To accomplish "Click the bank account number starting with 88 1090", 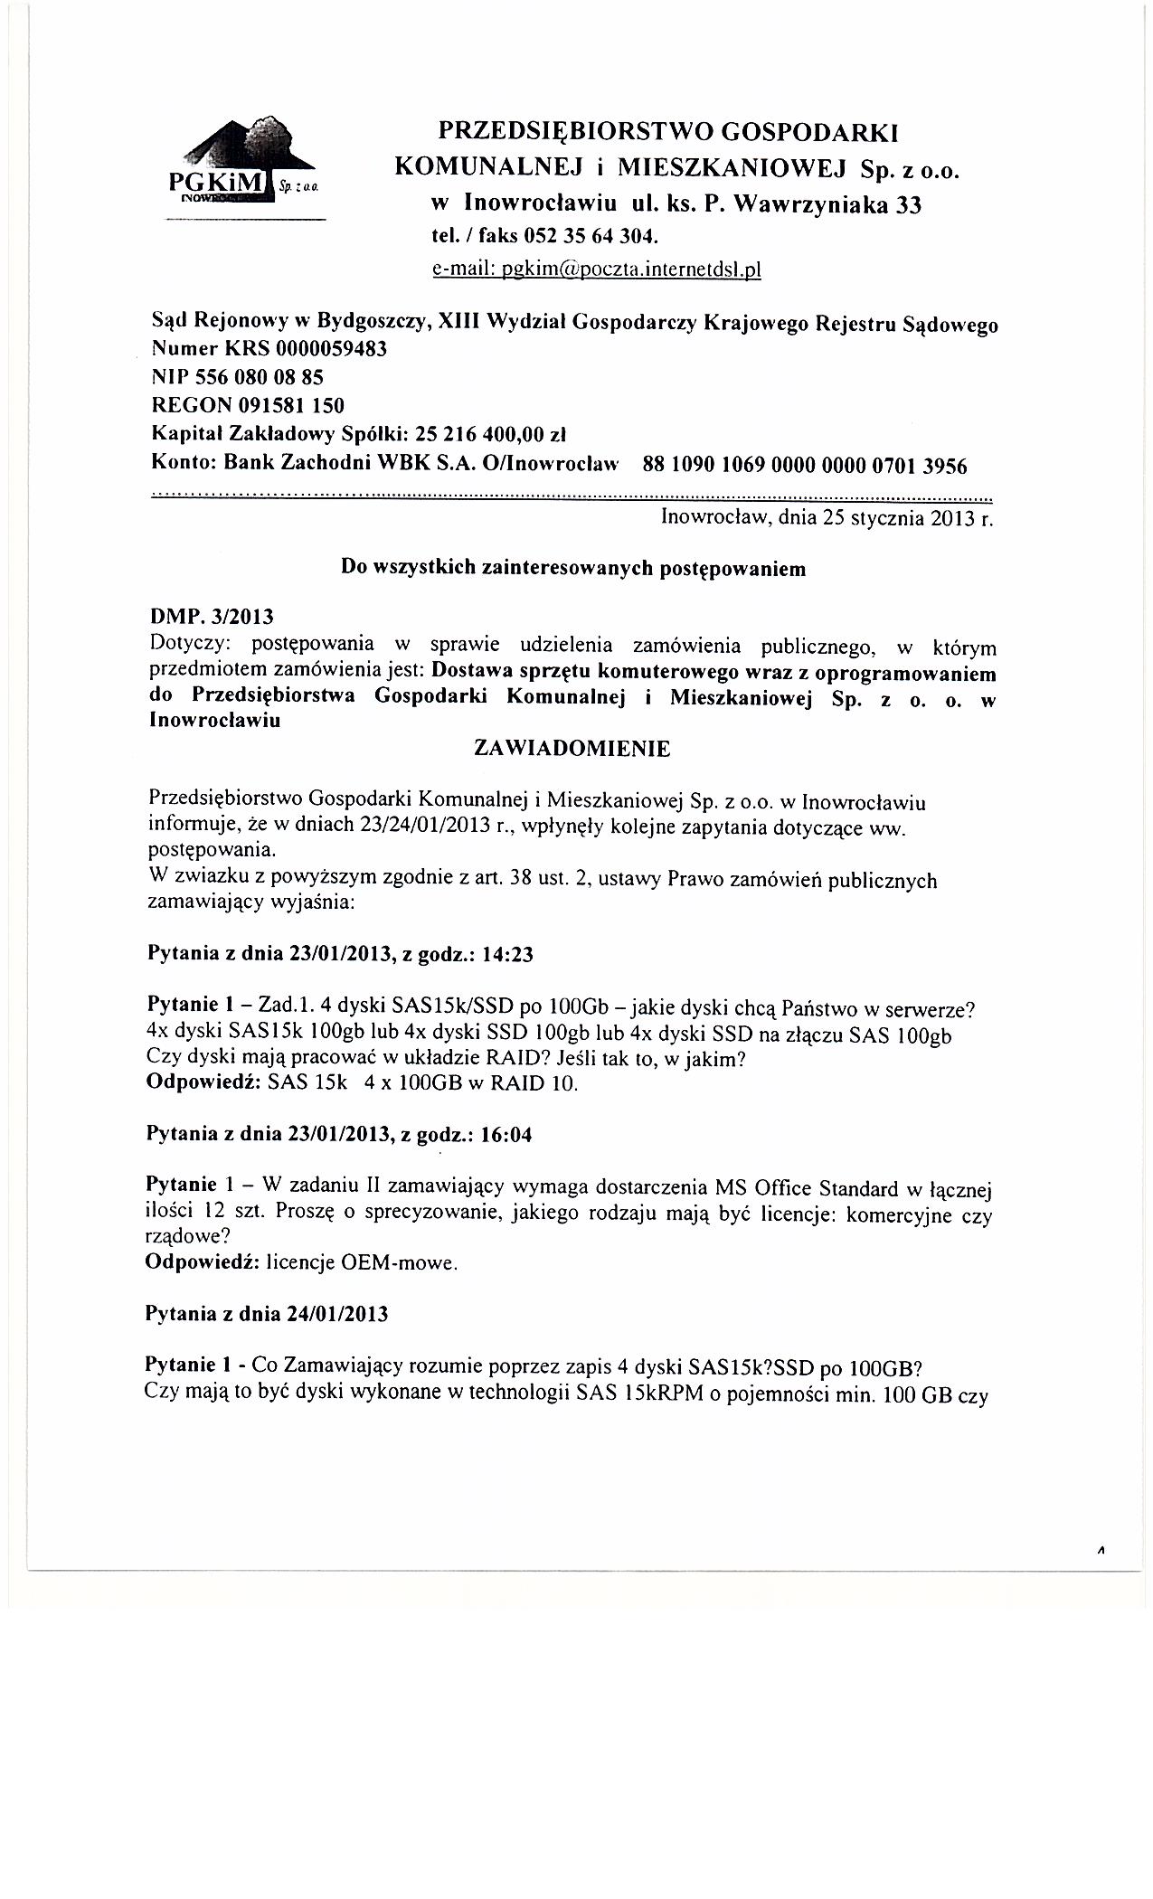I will [x=804, y=466].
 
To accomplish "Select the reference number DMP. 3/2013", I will [x=210, y=617].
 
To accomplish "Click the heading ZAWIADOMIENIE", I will [x=572, y=749].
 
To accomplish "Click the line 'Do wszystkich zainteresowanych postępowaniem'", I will [x=572, y=569].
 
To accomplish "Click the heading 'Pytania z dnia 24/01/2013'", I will [x=267, y=1314].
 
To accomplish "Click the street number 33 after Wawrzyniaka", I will [x=906, y=205].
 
